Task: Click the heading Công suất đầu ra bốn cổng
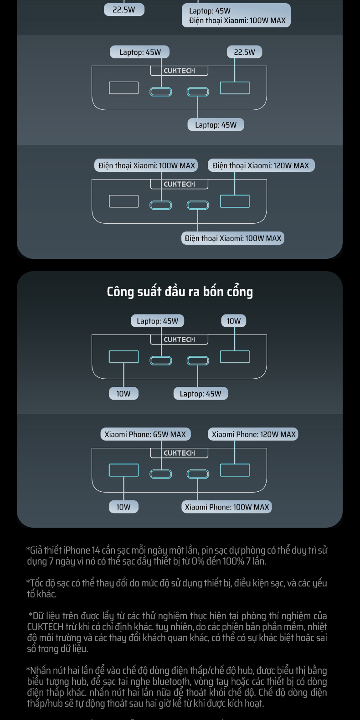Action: pyautogui.click(x=180, y=292)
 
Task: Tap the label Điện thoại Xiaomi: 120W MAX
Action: pyautogui.click(x=261, y=165)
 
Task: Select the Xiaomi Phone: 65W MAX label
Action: pyautogui.click(x=145, y=434)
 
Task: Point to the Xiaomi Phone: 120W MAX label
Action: pyautogui.click(x=253, y=434)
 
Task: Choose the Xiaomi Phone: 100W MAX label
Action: pyautogui.click(x=226, y=507)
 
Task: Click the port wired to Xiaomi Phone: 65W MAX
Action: pyautogui.click(x=161, y=474)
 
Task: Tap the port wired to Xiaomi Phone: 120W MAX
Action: pyautogui.click(x=235, y=470)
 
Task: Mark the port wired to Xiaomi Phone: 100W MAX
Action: pyautogui.click(x=198, y=474)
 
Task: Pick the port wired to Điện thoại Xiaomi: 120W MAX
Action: pyautogui.click(x=235, y=201)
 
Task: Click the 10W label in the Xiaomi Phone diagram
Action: pyautogui.click(x=123, y=507)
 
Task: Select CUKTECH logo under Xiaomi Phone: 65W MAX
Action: pyautogui.click(x=179, y=453)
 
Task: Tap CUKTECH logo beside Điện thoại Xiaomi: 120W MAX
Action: pyautogui.click(x=179, y=184)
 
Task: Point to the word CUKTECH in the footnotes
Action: pyautogui.click(x=45, y=627)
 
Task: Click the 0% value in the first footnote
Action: pyautogui.click(x=198, y=561)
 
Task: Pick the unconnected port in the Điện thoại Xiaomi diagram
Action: pyautogui.click(x=123, y=201)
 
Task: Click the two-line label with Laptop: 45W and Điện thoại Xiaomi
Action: pyautogui.click(x=236, y=15)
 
